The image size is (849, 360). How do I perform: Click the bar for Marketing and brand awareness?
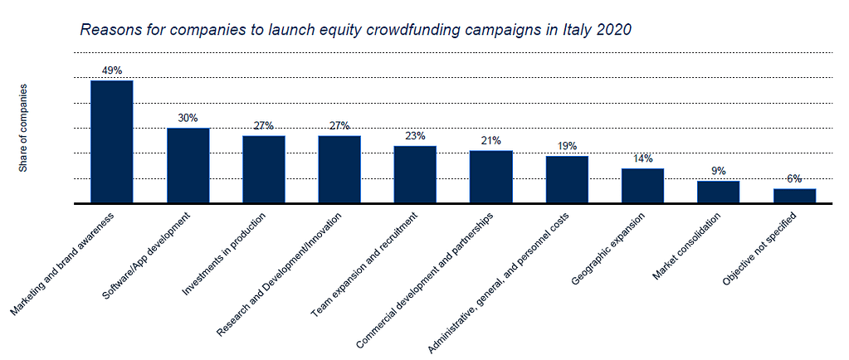[112, 142]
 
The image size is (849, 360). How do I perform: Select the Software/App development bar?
[188, 166]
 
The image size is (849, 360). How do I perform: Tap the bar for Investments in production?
[264, 169]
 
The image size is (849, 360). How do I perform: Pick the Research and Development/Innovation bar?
[339, 169]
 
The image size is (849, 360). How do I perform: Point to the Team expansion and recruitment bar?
[415, 174]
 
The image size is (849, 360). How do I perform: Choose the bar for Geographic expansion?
[642, 186]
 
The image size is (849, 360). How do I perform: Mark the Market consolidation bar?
[718, 192]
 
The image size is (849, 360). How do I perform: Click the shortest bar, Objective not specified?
[794, 196]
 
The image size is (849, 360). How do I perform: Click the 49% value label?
[112, 70]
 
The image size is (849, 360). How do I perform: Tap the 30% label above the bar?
[188, 118]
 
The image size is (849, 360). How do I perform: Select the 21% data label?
[490, 140]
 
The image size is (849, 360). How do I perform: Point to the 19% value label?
[567, 145]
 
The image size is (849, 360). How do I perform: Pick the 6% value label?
[794, 178]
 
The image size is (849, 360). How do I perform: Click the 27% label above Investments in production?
[264, 125]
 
